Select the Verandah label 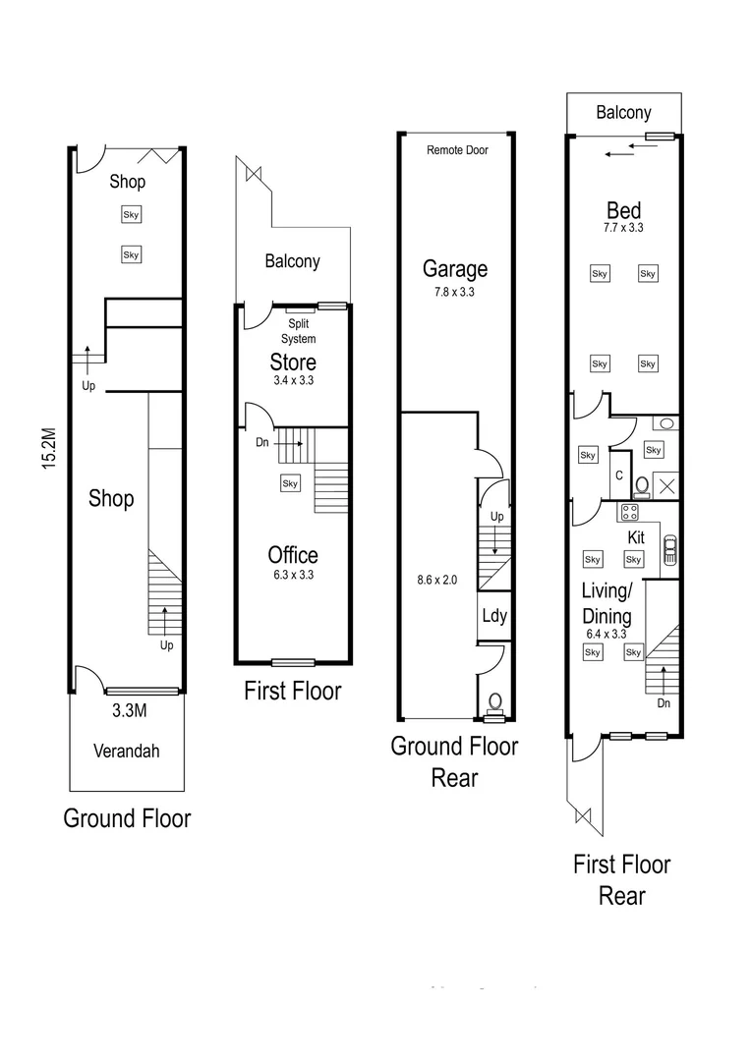pyautogui.click(x=126, y=752)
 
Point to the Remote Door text pyautogui.click(x=457, y=150)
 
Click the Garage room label pyautogui.click(x=455, y=268)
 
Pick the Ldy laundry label pyautogui.click(x=493, y=616)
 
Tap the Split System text pyautogui.click(x=300, y=331)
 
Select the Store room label pyautogui.click(x=293, y=362)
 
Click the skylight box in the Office pyautogui.click(x=290, y=483)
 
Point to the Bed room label pyautogui.click(x=623, y=210)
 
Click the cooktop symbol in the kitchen pyautogui.click(x=629, y=512)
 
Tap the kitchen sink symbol pyautogui.click(x=669, y=551)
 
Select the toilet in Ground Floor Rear pyautogui.click(x=495, y=702)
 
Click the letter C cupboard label pyautogui.click(x=619, y=475)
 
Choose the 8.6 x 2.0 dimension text pyautogui.click(x=437, y=581)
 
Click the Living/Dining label pyautogui.click(x=607, y=604)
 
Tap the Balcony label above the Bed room pyautogui.click(x=623, y=113)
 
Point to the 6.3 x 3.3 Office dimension pyautogui.click(x=293, y=576)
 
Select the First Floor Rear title pyautogui.click(x=621, y=880)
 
